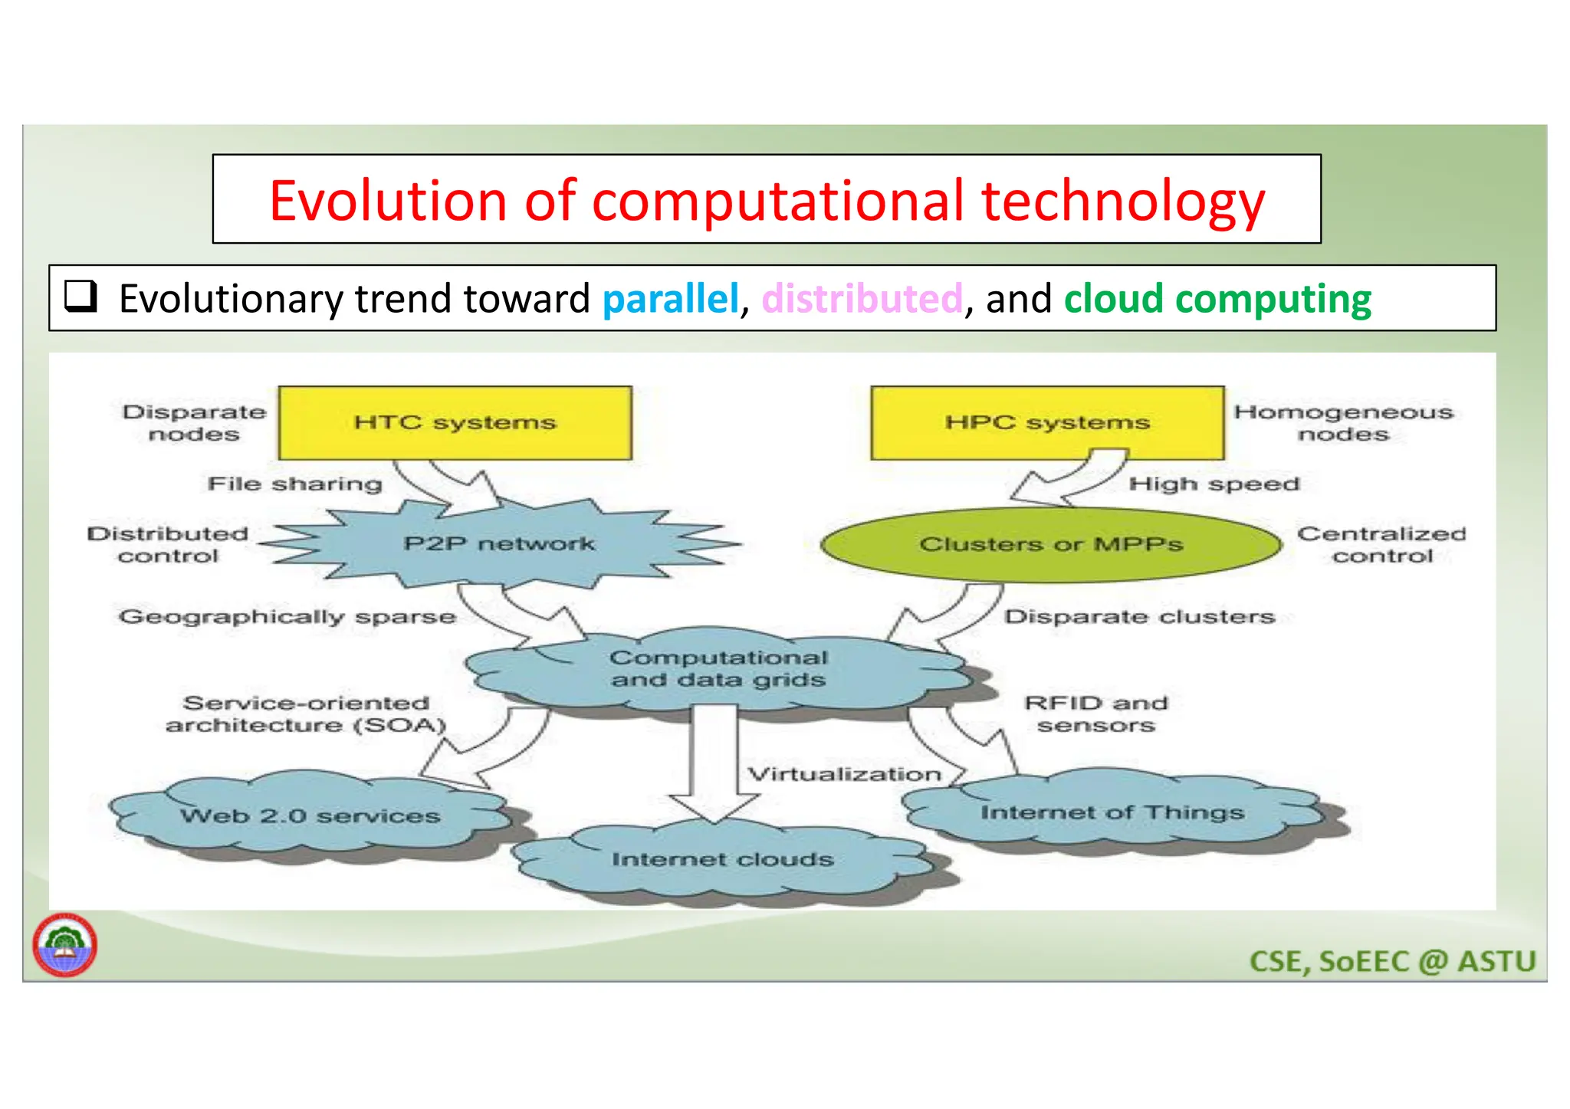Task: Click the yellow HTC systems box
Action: tap(455, 423)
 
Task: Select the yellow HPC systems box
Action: tap(1047, 423)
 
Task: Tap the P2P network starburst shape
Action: tap(498, 544)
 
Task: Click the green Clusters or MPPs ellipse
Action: tap(1051, 545)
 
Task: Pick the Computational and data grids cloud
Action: tap(718, 669)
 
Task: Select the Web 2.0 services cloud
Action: tap(310, 816)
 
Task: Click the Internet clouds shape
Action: tap(722, 860)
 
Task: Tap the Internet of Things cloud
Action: tap(1112, 812)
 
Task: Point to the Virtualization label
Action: tap(844, 774)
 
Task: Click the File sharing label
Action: tap(295, 484)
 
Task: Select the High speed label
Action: tap(1214, 484)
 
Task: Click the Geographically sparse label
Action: tap(287, 617)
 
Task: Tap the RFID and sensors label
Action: tap(1096, 714)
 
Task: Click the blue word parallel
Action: tap(671, 299)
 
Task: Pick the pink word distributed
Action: tap(862, 299)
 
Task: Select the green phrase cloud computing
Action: tap(1217, 299)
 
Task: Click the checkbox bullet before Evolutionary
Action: tap(80, 296)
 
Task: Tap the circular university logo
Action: tap(65, 945)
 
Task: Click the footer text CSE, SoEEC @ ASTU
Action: tap(1392, 962)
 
